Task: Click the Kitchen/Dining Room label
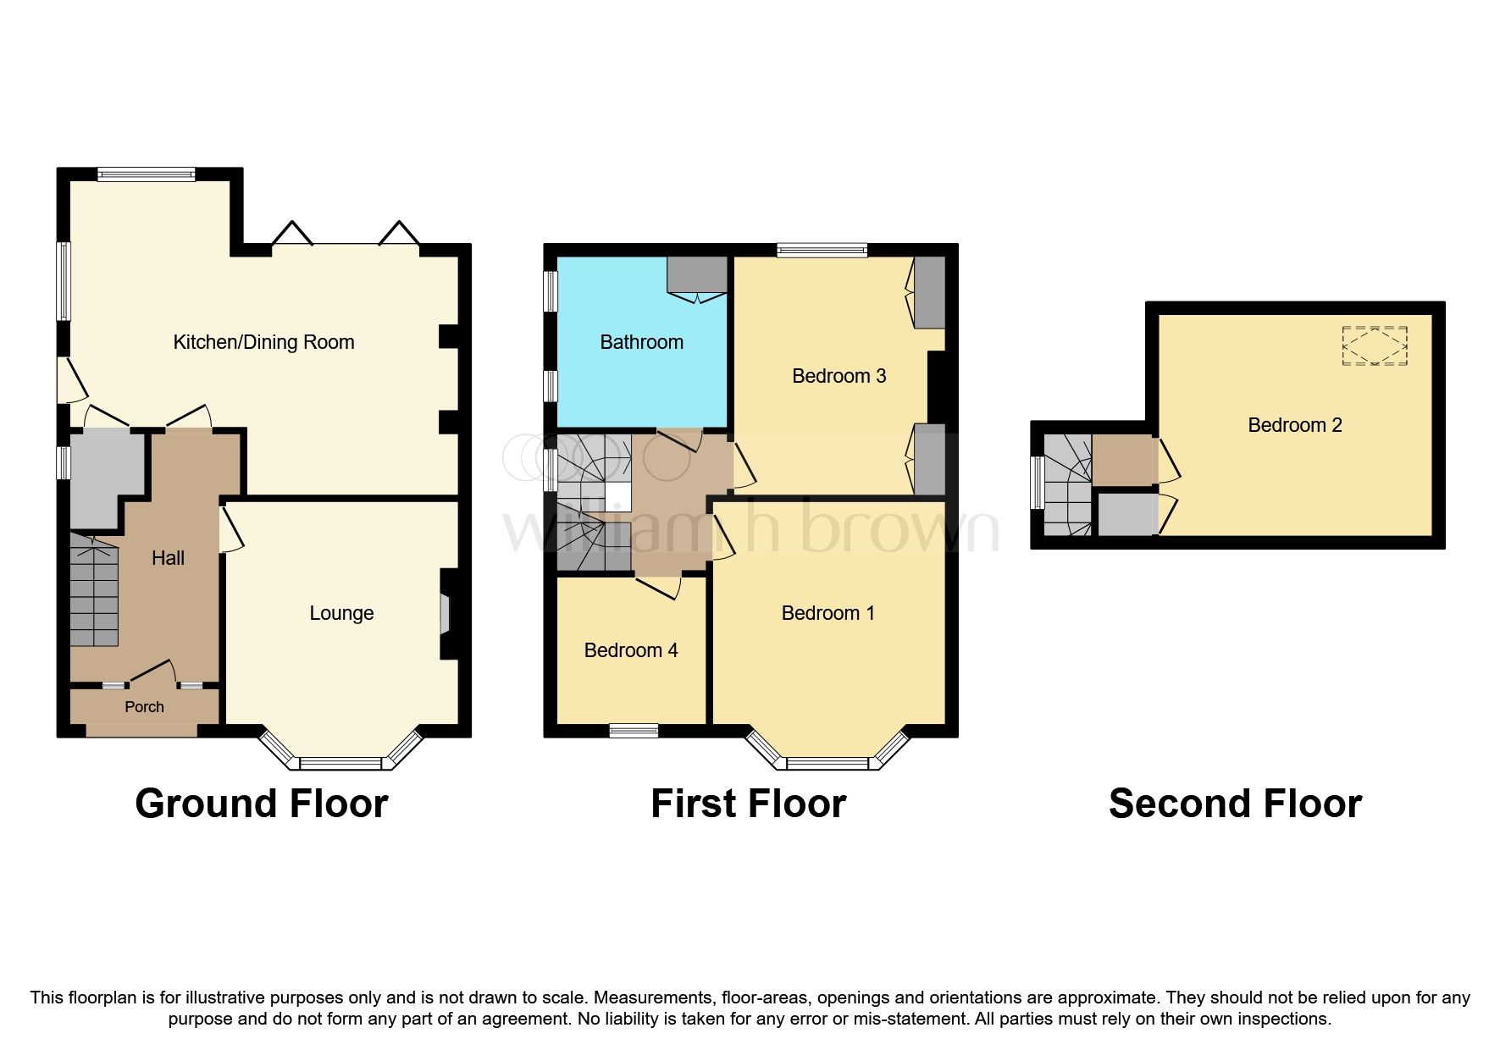click(x=263, y=342)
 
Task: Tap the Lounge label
click(x=341, y=613)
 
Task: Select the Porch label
click(x=144, y=707)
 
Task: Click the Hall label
click(x=168, y=558)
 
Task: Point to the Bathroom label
click(x=641, y=342)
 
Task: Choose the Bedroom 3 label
click(x=839, y=376)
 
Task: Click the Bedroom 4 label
click(x=631, y=650)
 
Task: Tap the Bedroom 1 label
click(x=827, y=613)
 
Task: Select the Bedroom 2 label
click(x=1295, y=425)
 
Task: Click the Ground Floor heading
click(x=261, y=804)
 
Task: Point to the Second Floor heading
click(x=1235, y=804)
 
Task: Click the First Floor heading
click(x=748, y=804)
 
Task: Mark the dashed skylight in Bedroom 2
click(x=1374, y=346)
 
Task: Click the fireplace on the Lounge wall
click(x=445, y=614)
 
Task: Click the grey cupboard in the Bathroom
click(x=697, y=275)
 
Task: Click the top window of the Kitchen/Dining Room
click(x=146, y=174)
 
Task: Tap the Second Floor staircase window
click(x=1036, y=483)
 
